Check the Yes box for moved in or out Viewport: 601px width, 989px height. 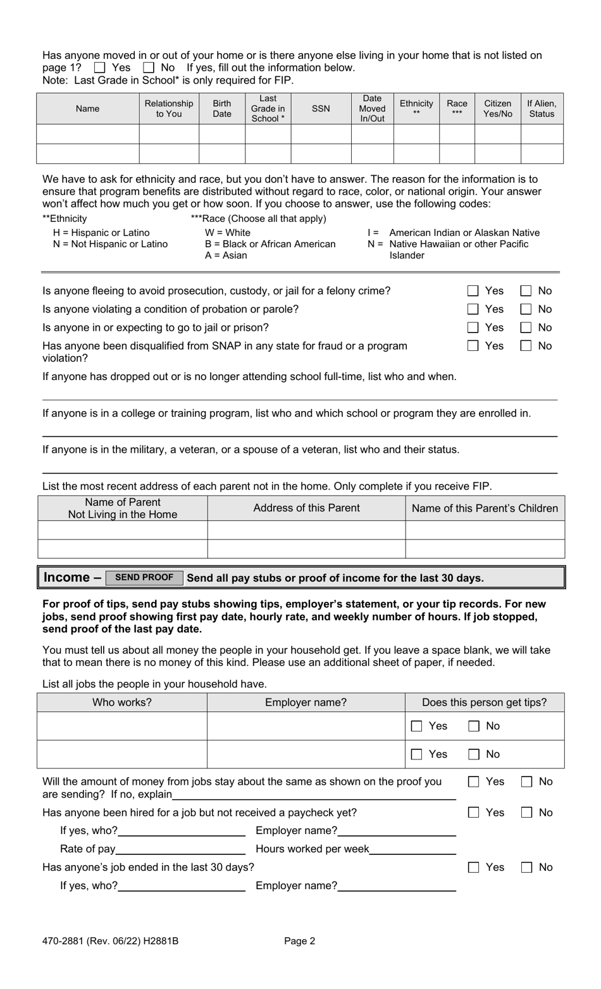(99, 68)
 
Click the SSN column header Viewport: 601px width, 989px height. (321, 109)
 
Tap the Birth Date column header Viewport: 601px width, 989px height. (222, 109)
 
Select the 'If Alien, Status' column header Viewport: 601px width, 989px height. (542, 109)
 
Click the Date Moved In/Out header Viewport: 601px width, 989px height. (372, 109)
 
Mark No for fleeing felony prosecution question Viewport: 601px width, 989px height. (526, 291)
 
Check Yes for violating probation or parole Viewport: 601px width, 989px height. (473, 309)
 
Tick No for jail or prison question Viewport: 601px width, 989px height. (526, 328)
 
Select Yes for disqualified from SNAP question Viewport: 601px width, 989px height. (473, 346)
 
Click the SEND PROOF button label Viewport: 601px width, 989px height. (144, 577)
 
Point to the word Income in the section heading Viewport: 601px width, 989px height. (66, 577)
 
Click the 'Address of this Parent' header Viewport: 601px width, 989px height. (306, 508)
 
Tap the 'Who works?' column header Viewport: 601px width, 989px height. (122, 702)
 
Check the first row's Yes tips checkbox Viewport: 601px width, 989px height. (417, 727)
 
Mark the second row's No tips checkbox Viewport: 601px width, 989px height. (474, 754)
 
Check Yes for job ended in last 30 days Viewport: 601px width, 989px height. (474, 868)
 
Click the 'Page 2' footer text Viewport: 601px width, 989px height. (300, 941)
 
